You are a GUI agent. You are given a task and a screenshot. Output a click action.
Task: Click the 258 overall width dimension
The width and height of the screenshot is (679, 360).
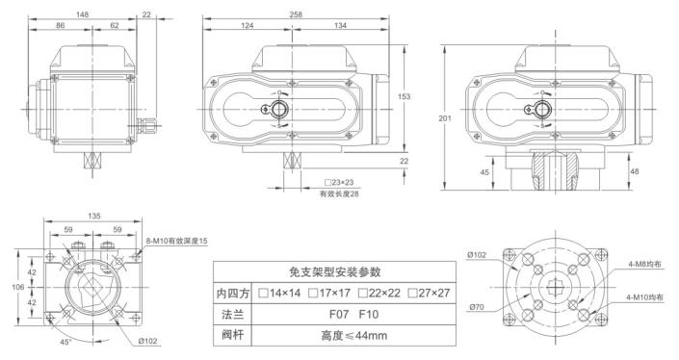[x=296, y=14]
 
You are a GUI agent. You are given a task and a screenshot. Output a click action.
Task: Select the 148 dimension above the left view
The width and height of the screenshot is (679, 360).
[x=82, y=14]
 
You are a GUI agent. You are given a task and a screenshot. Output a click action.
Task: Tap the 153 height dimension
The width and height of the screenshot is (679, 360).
[x=404, y=96]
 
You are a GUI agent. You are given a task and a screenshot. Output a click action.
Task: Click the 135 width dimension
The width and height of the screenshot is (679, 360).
[x=94, y=216]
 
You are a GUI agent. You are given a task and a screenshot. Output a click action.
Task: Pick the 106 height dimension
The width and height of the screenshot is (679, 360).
[x=17, y=287]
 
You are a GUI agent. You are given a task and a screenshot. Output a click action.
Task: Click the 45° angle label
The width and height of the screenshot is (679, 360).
[x=65, y=342]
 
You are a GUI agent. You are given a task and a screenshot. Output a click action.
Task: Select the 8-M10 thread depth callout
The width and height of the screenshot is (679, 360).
[x=176, y=241]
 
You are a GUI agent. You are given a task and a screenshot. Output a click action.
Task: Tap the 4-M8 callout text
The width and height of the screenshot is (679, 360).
[x=644, y=264]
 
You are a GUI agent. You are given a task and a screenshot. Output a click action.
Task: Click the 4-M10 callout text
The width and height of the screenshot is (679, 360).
[x=644, y=297]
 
